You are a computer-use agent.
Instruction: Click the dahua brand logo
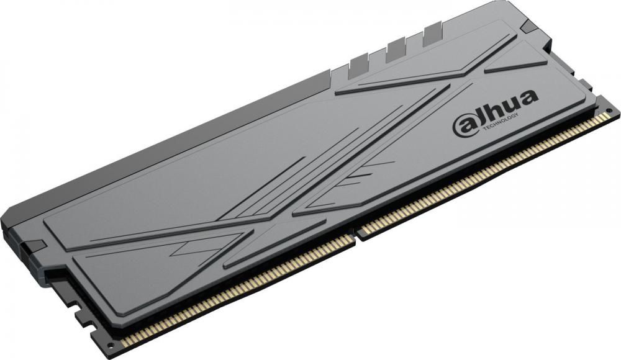click(495, 112)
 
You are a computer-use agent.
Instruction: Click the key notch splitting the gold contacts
click(357, 235)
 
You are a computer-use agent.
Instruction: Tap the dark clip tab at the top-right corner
click(530, 24)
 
